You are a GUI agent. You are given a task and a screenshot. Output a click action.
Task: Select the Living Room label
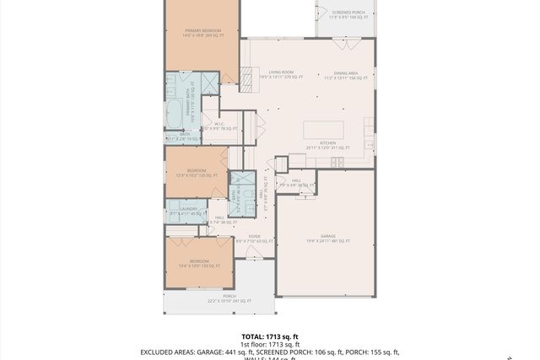click(x=281, y=73)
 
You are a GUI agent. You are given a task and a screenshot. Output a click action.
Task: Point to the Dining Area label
click(x=346, y=73)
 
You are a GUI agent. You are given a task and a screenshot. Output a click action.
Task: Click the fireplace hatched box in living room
click(x=248, y=78)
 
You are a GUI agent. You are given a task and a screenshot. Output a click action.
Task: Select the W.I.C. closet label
click(x=218, y=124)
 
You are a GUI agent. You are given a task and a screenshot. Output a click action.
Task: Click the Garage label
click(x=327, y=237)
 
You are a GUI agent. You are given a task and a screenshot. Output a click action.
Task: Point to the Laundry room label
click(x=187, y=208)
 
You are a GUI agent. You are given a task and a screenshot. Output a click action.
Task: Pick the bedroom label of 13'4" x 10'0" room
click(x=198, y=261)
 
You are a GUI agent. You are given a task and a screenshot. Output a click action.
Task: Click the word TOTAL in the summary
click(x=254, y=336)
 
